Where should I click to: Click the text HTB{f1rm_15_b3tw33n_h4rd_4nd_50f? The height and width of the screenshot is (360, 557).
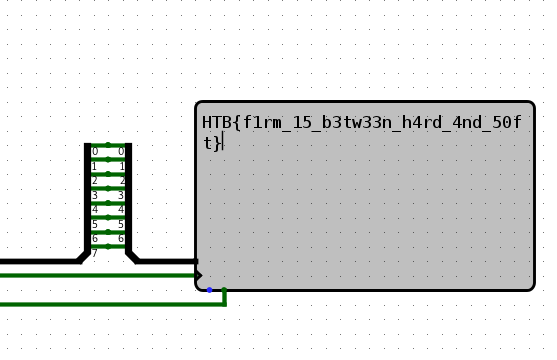tap(361, 122)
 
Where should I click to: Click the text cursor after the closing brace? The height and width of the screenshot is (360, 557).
tap(223, 143)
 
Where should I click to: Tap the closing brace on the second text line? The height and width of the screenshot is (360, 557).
tap(216, 143)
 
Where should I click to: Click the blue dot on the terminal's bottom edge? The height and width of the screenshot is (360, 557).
tap(209, 290)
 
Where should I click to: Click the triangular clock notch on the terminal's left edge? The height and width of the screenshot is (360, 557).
tap(199, 275)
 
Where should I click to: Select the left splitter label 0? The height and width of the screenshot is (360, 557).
tap(95, 152)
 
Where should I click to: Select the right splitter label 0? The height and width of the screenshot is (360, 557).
tap(122, 152)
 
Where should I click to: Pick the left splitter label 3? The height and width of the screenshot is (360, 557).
tap(95, 196)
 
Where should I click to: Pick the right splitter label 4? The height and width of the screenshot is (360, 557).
tap(122, 210)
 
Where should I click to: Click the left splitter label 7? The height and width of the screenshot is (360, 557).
tap(95, 253)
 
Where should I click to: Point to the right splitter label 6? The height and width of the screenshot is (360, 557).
tap(122, 239)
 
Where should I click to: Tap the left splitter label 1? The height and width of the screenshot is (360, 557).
tap(95, 167)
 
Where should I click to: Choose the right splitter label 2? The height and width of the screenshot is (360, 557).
tap(122, 181)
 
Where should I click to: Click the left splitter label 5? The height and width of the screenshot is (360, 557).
tap(95, 225)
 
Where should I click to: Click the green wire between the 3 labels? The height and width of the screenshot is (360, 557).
tap(108, 189)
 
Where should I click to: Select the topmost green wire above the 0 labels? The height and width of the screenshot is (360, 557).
tap(108, 145)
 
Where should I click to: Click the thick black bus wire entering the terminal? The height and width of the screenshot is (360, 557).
tap(165, 261)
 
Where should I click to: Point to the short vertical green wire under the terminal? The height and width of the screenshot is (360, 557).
tap(224, 296)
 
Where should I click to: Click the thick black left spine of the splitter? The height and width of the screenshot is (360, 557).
tap(88, 200)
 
